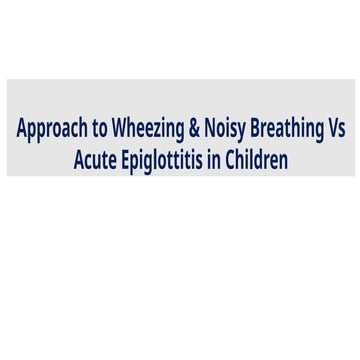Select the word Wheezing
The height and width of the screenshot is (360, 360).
click(x=147, y=131)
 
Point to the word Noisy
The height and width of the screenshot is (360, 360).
click(x=227, y=131)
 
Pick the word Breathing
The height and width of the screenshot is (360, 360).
click(x=288, y=131)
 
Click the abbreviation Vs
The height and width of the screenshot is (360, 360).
click(x=336, y=130)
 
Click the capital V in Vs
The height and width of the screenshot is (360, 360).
click(x=331, y=130)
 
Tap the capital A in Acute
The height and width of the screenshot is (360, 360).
click(x=79, y=160)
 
